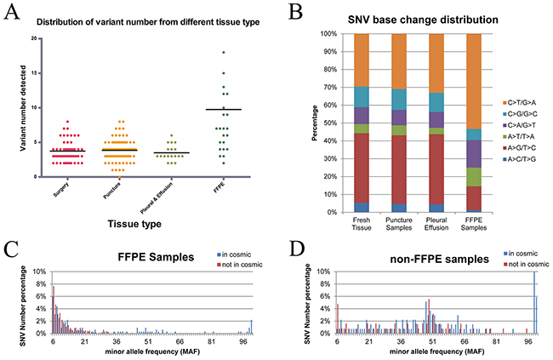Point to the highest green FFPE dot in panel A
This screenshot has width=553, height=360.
click(x=225, y=53)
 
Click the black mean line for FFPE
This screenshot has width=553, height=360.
click(x=225, y=109)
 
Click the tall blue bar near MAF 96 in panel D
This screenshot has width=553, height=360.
click(x=533, y=302)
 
